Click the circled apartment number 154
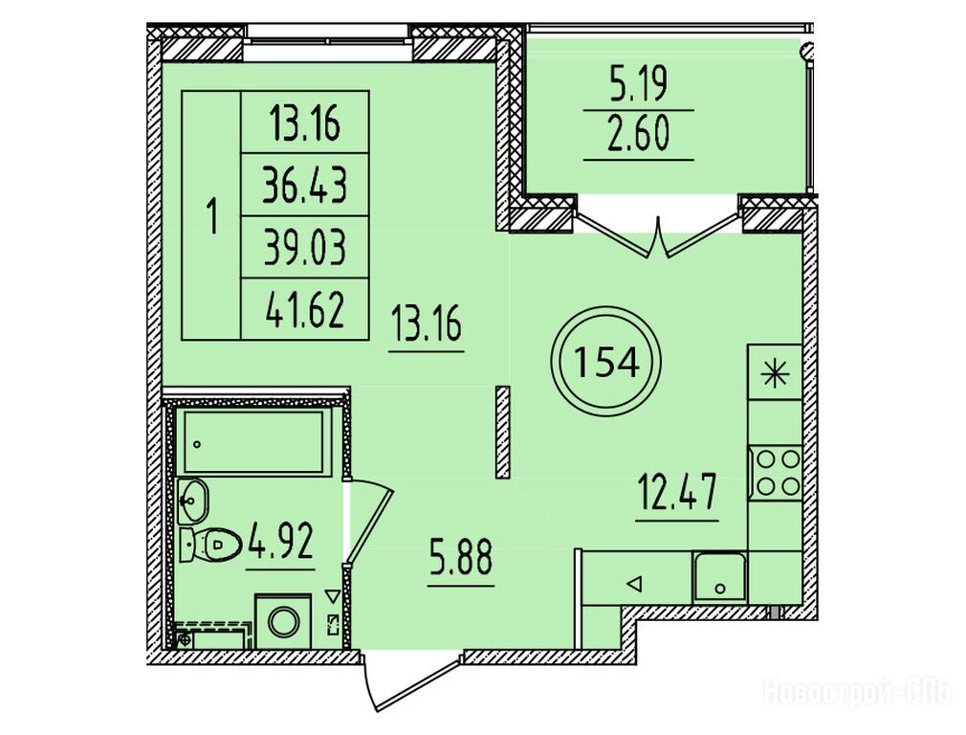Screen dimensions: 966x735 pos(606,363)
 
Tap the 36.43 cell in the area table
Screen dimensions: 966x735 pos(305,185)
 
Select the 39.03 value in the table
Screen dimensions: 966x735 pos(305,247)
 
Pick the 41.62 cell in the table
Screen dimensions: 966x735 pos(305,309)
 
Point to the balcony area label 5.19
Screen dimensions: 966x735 pos(638,84)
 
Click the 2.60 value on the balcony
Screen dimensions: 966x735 pos(638,135)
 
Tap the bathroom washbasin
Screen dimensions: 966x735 pos(193,500)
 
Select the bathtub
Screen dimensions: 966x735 pos(252,442)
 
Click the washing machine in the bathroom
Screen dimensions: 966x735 pos(283,620)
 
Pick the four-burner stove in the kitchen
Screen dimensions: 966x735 pos(775,473)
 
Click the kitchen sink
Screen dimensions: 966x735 pos(719,578)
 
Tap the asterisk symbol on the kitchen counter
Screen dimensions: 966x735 pos(775,374)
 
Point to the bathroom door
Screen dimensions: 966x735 pos(369,522)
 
